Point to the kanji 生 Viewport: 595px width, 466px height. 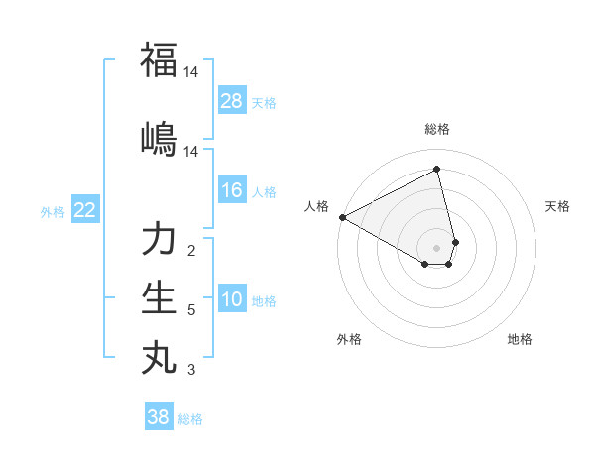(x=159, y=297)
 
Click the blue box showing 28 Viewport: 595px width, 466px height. (x=232, y=101)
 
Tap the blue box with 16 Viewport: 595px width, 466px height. (x=232, y=190)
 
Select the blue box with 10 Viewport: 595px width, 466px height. (x=232, y=299)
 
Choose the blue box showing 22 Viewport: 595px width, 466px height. (x=85, y=210)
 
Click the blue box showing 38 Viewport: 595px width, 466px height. (x=158, y=417)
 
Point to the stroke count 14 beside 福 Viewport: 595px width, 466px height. (x=191, y=72)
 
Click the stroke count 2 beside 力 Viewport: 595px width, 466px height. (x=191, y=251)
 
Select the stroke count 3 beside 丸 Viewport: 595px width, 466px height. (x=191, y=371)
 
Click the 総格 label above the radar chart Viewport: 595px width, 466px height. (x=437, y=129)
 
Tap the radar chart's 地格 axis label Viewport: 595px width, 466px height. (x=520, y=339)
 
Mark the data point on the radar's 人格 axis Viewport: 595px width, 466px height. (x=341, y=217)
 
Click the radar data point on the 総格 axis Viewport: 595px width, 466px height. (x=437, y=170)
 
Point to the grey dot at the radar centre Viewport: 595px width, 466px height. (x=437, y=247)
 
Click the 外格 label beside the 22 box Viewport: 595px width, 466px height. (x=52, y=211)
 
